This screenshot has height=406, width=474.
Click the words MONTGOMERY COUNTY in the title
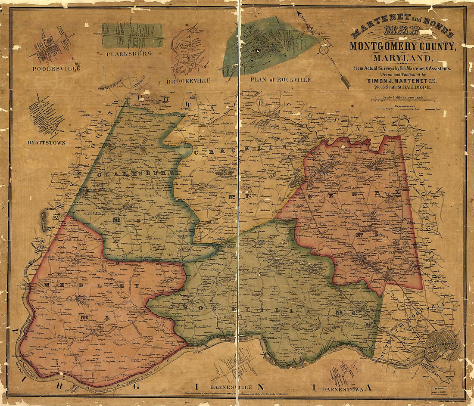point(402,46)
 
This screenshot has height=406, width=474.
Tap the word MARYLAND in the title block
point(402,58)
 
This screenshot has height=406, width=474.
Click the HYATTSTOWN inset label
point(46,142)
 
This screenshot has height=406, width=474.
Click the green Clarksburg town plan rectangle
point(132,35)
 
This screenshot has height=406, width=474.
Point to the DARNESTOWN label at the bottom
point(343,389)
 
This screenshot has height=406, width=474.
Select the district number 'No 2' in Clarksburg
point(128,220)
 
